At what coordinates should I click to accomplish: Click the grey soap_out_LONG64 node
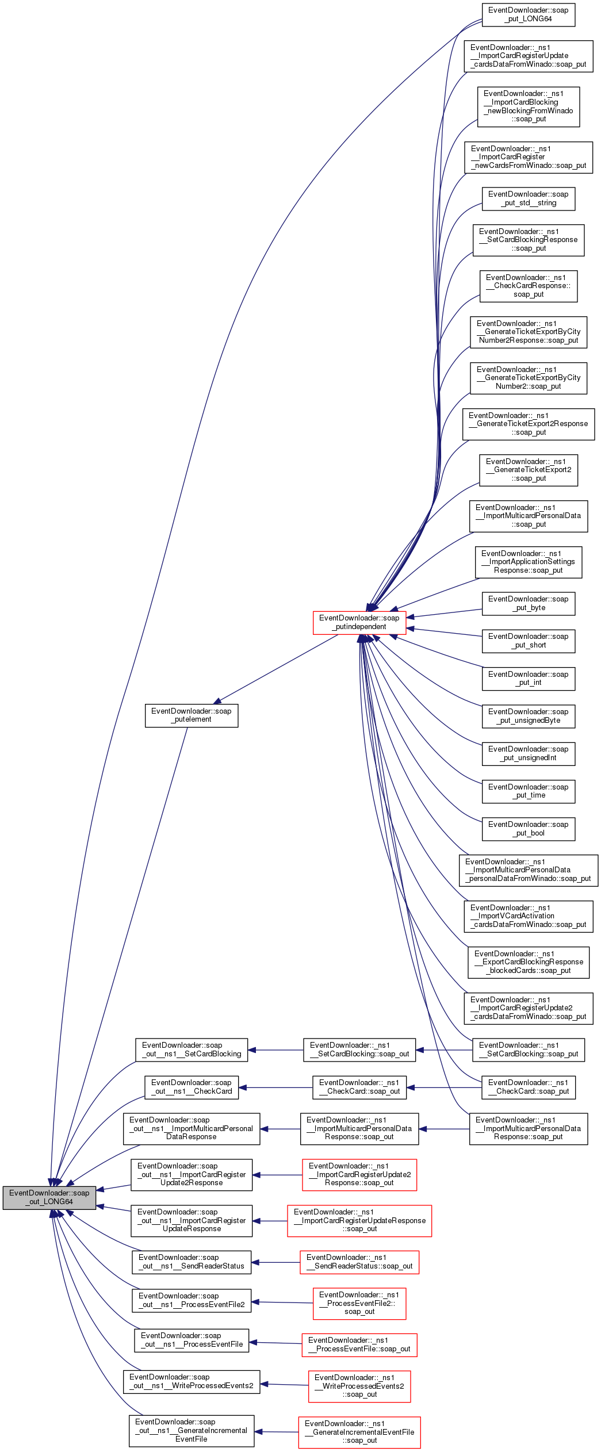point(49,1197)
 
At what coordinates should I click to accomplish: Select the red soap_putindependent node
point(359,622)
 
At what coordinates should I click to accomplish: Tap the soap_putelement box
point(192,715)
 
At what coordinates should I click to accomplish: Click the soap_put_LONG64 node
point(528,14)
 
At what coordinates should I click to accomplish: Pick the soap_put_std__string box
point(528,198)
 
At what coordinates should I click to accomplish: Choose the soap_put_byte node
point(528,603)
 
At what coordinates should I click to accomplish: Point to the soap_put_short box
point(528,641)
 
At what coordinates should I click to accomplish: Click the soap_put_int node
point(528,679)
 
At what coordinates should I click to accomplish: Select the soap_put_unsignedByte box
point(528,716)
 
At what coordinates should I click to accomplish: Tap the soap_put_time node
point(528,791)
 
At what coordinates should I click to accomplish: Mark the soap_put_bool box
point(528,829)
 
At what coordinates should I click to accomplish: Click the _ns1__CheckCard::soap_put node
point(528,1087)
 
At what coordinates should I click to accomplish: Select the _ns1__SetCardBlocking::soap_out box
point(359,1049)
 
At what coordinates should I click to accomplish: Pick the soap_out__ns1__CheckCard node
point(192,1087)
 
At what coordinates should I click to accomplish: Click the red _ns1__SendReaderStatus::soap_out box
point(359,1262)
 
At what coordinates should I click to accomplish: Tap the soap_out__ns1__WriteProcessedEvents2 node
point(192,1381)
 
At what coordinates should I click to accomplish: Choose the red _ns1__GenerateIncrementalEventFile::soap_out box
point(359,1432)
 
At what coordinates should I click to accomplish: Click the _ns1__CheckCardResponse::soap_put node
point(528,286)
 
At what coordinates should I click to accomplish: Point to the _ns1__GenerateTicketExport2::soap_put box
point(528,470)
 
